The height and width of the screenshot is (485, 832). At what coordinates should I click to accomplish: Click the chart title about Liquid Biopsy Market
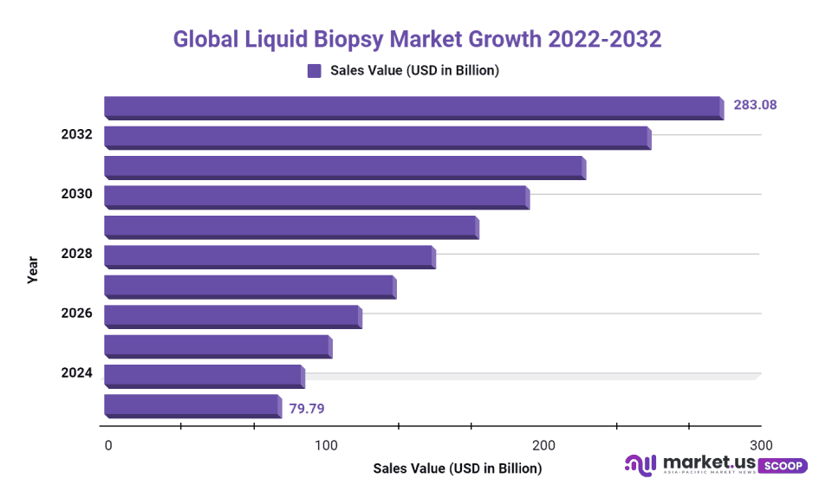(x=417, y=40)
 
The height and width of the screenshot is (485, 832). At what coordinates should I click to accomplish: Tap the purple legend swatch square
(x=314, y=71)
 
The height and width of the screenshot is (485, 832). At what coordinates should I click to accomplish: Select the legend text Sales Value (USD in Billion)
(x=414, y=71)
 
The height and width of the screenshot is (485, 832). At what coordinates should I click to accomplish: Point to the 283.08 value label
(x=755, y=105)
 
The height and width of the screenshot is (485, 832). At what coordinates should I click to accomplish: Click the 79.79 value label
(x=307, y=408)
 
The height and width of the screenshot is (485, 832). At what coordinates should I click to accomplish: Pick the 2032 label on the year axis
(x=76, y=135)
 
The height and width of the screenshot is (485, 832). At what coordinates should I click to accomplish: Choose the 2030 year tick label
(x=76, y=194)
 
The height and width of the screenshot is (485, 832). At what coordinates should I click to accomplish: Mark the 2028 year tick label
(x=76, y=254)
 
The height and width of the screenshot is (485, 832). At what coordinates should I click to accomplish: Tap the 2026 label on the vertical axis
(x=76, y=313)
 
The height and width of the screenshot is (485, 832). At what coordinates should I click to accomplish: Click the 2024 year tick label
(x=76, y=372)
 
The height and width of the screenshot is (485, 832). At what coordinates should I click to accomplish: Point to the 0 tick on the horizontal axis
(x=108, y=445)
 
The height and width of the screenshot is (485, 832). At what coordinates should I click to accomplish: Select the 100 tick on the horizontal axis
(x=326, y=445)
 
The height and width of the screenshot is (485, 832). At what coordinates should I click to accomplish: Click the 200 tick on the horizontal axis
(x=543, y=445)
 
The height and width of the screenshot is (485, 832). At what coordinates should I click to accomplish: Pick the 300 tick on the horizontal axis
(x=761, y=445)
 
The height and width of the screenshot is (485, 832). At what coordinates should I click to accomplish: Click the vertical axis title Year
(x=33, y=269)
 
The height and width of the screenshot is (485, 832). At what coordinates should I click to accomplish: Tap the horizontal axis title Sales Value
(x=457, y=469)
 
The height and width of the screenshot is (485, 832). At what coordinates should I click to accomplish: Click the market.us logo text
(x=707, y=463)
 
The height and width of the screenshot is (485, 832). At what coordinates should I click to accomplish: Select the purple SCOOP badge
(x=783, y=465)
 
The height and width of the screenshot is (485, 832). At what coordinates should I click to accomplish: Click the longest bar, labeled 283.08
(x=413, y=107)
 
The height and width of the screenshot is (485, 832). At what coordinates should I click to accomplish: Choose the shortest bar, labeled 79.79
(x=192, y=405)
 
